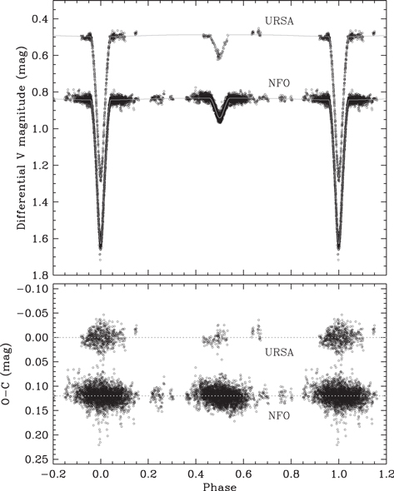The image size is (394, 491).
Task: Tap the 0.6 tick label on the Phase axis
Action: coord(243,473)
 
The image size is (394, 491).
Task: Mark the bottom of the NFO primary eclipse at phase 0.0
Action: coord(100,246)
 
